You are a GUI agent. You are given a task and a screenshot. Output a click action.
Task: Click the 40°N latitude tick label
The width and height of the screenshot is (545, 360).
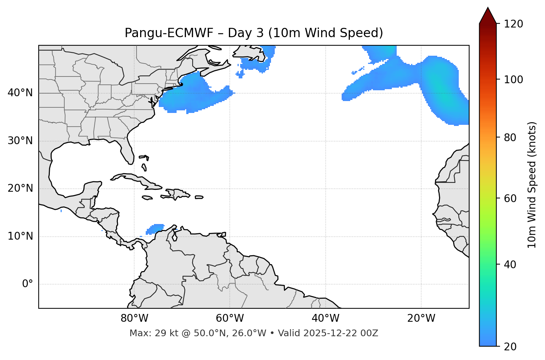point(20,93)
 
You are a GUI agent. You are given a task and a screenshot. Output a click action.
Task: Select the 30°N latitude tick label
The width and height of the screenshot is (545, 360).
point(20,141)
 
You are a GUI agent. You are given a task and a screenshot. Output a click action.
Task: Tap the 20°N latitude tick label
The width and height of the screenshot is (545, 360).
point(20,188)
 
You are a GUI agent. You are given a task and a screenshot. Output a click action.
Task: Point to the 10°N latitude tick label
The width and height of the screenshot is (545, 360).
point(20,236)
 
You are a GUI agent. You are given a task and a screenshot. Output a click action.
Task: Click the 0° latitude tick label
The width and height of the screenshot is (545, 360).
point(28,284)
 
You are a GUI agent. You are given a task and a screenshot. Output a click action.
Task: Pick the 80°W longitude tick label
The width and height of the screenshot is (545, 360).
point(134,318)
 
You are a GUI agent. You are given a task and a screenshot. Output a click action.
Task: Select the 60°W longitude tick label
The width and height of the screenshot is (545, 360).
point(230,318)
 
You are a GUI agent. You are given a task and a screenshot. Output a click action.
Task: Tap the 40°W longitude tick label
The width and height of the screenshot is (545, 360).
point(325,318)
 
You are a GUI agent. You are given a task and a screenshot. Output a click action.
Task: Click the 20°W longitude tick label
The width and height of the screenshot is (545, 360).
point(421,318)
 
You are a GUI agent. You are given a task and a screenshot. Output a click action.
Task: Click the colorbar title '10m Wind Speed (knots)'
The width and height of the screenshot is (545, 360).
point(532,185)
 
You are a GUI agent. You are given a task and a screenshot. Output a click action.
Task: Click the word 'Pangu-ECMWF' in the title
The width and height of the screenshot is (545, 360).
point(169,33)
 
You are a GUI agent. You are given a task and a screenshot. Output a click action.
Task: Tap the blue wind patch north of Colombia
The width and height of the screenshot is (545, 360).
point(155,228)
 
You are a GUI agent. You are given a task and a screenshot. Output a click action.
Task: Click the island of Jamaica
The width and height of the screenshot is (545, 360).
point(147,198)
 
